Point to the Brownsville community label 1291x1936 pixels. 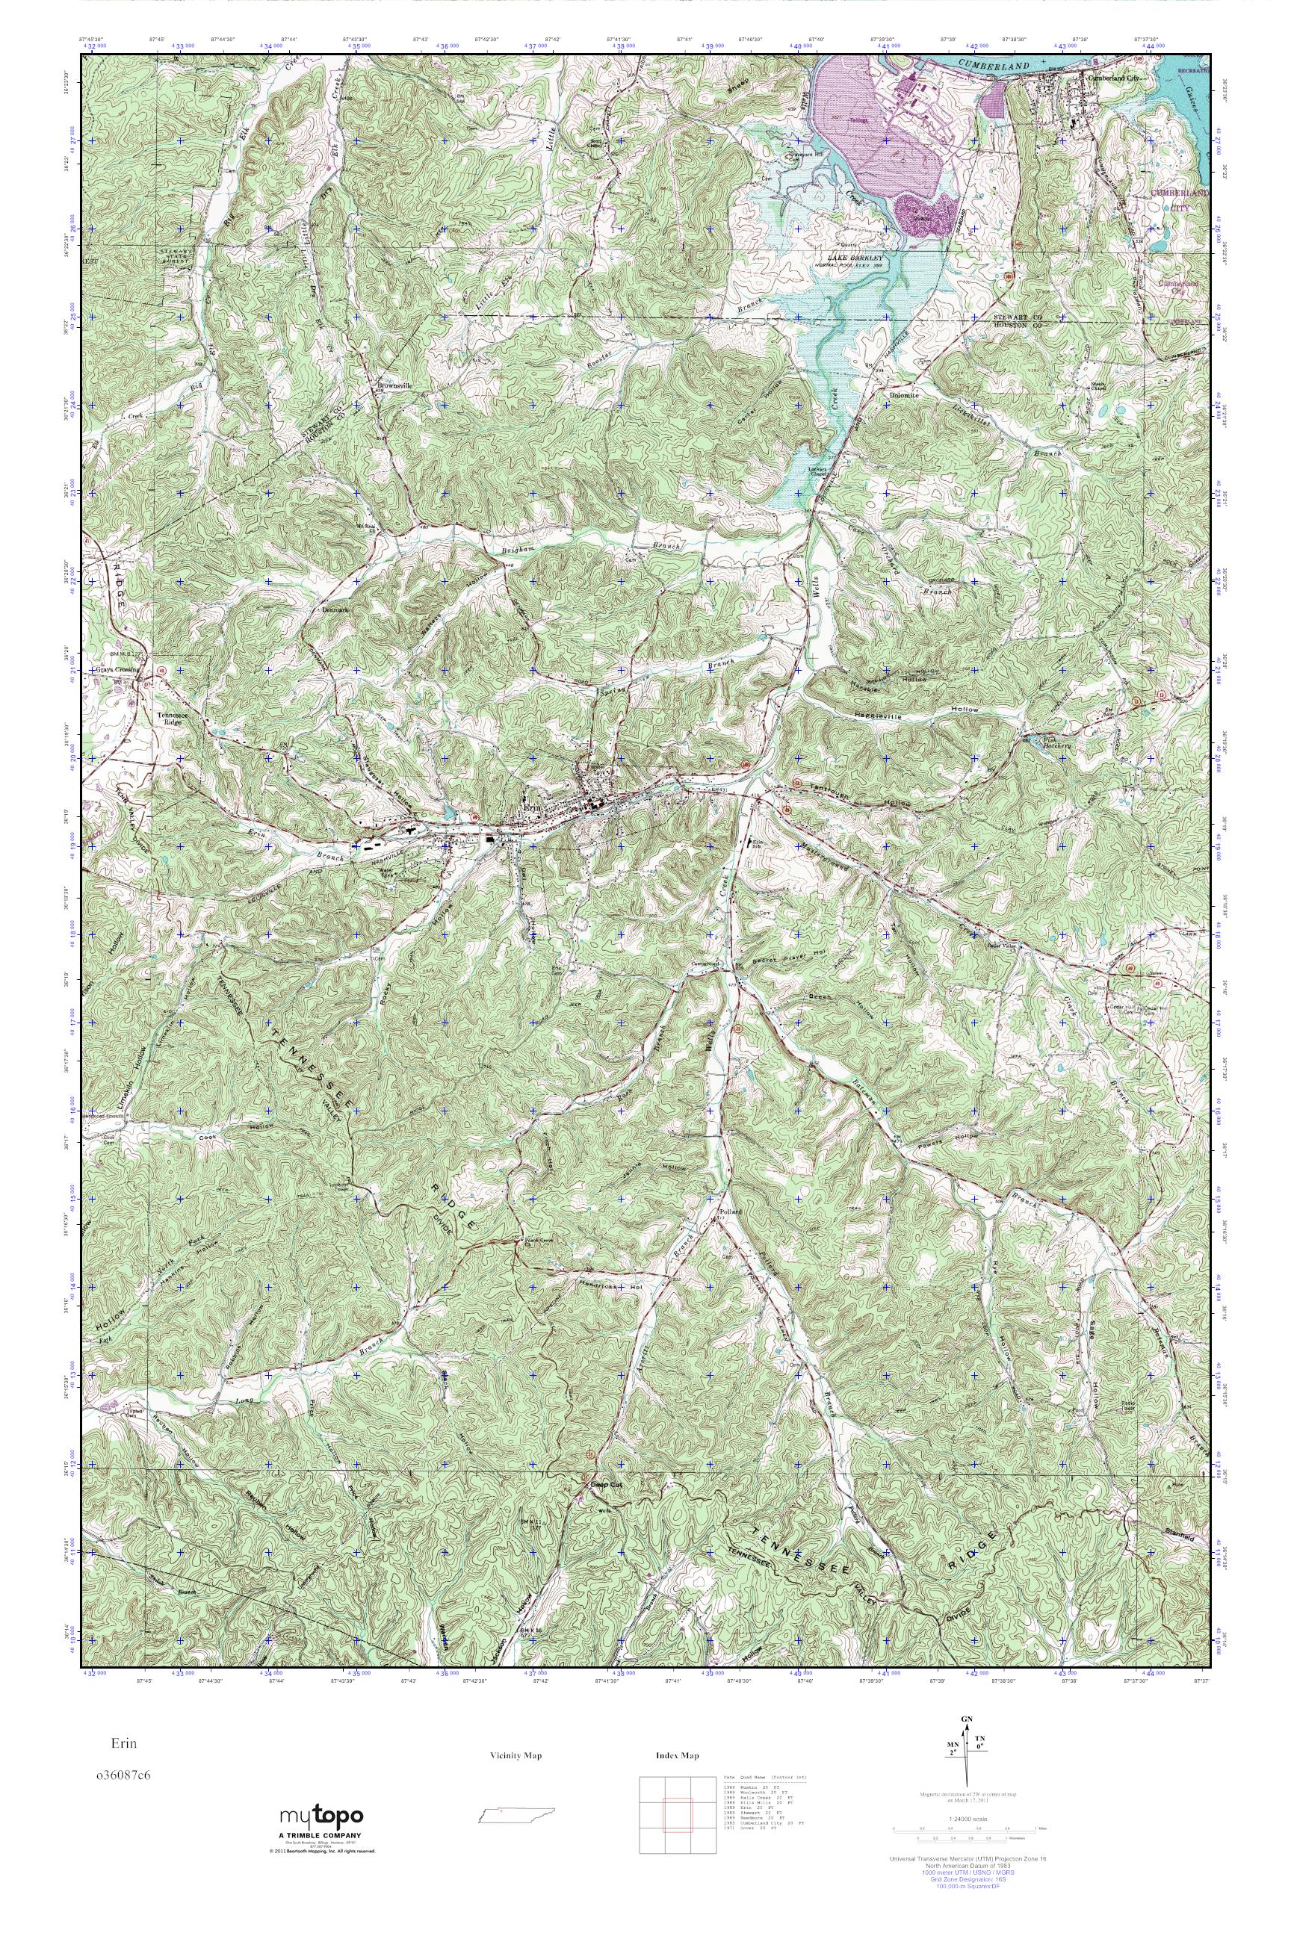coord(394,385)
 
